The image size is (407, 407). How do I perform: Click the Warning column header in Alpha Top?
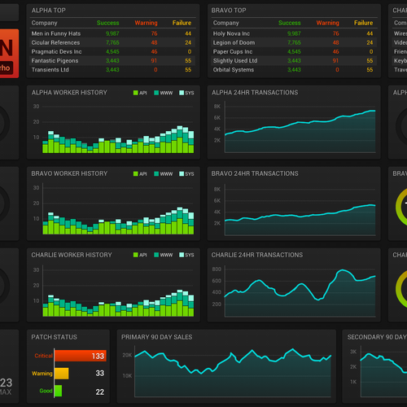(146, 23)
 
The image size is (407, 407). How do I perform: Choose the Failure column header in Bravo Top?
(363, 23)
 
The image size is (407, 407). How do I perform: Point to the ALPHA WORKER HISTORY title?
(68, 93)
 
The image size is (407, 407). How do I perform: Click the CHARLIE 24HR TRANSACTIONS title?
(256, 255)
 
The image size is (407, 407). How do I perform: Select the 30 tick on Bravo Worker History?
(37, 188)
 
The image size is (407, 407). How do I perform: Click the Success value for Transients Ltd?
(112, 69)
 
